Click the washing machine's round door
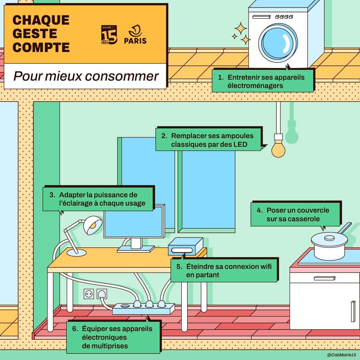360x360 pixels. point(278,43)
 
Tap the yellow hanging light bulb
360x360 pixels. point(278,150)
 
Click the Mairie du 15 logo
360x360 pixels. point(109,35)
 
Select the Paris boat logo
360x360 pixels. point(135,35)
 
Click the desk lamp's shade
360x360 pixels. point(93,225)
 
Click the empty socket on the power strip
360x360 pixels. point(125,306)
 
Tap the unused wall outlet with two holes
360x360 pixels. point(89,294)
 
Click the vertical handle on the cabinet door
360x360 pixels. point(353,311)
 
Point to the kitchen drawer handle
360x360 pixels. point(324,278)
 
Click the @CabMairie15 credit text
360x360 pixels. point(341,355)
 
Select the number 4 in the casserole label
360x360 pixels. point(260,210)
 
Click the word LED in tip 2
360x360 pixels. point(240,144)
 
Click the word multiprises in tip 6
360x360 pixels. point(105,346)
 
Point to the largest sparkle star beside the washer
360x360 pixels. point(241,29)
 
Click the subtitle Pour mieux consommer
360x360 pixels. point(86,76)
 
